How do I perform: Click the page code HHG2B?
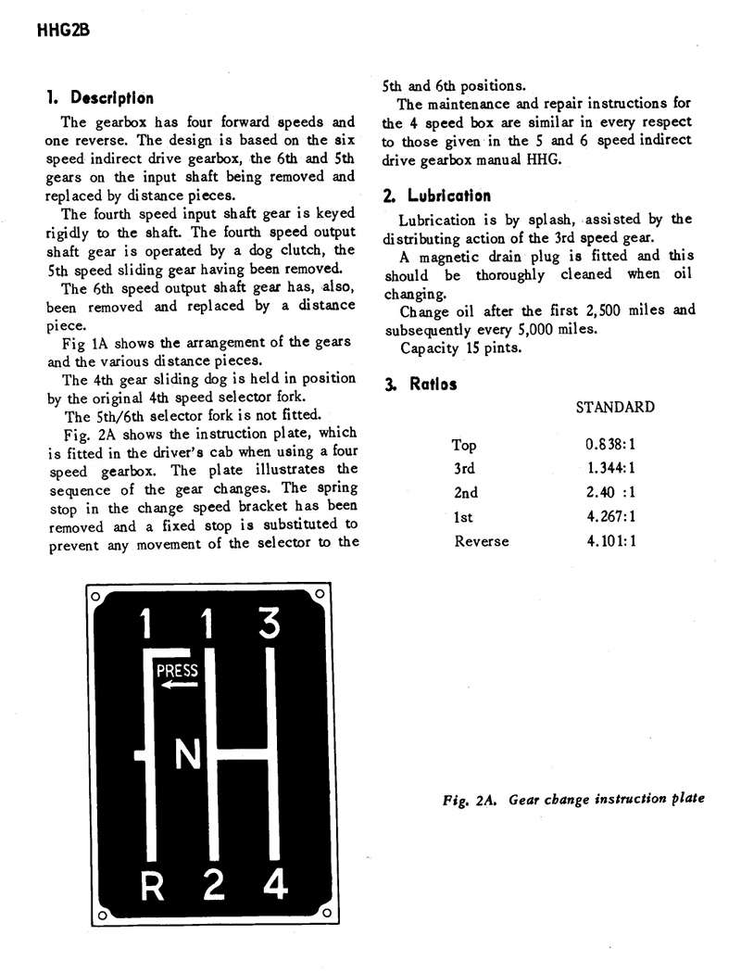pyautogui.click(x=62, y=30)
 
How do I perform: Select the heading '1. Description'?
pyautogui.click(x=100, y=98)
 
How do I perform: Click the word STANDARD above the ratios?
pyautogui.click(x=614, y=407)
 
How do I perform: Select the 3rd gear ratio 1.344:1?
pyautogui.click(x=609, y=469)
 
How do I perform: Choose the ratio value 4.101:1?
pyautogui.click(x=609, y=540)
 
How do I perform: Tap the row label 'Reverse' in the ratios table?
pyautogui.click(x=481, y=540)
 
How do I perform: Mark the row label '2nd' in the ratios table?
pyautogui.click(x=466, y=493)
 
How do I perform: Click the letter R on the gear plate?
pyautogui.click(x=153, y=887)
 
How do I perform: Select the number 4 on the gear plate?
pyautogui.click(x=274, y=885)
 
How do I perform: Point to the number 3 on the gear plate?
pyautogui.click(x=270, y=623)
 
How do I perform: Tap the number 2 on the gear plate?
pyautogui.click(x=214, y=886)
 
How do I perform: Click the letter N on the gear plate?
pyautogui.click(x=188, y=757)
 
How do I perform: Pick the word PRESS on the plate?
pyautogui.click(x=177, y=670)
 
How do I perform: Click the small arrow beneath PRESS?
pyautogui.click(x=173, y=686)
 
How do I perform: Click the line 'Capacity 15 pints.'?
pyautogui.click(x=460, y=348)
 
